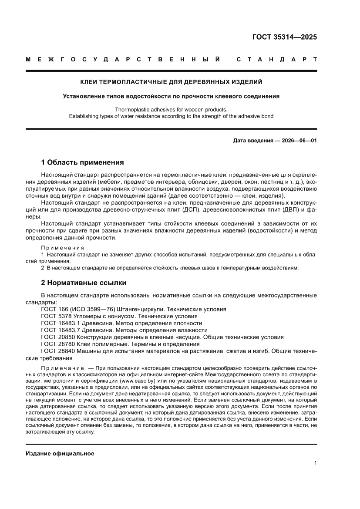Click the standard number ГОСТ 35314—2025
coord(285,37)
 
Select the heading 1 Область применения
coord(82,162)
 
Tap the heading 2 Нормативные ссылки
coord(84,283)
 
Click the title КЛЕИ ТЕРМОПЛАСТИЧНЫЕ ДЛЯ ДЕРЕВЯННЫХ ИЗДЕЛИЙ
coord(171,81)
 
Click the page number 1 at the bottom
coord(315,463)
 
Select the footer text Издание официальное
coord(60,454)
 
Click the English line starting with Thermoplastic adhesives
coord(171,110)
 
